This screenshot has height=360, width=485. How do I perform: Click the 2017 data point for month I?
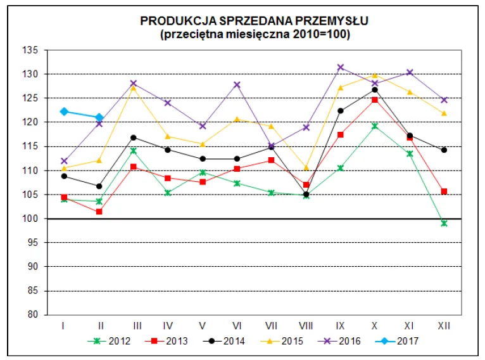pyautogui.click(x=65, y=112)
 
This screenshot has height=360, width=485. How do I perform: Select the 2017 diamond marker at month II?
pyautogui.click(x=99, y=117)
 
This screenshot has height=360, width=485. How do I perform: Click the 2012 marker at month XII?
pyautogui.click(x=444, y=223)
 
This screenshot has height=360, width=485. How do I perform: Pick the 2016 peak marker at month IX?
pyautogui.click(x=341, y=67)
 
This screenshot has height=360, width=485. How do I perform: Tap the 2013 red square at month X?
pyautogui.click(x=375, y=100)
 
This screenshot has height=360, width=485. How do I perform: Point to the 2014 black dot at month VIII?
pyautogui.click(x=306, y=195)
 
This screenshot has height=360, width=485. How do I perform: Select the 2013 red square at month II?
pyautogui.click(x=99, y=212)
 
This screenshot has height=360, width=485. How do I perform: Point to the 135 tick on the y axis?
pyautogui.click(x=32, y=50)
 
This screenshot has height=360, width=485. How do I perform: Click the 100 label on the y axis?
pyautogui.click(x=32, y=219)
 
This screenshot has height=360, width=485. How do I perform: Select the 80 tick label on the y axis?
pyautogui.click(x=34, y=315)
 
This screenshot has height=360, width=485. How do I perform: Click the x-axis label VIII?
pyautogui.click(x=306, y=325)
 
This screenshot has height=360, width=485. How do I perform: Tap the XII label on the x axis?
pyautogui.click(x=444, y=325)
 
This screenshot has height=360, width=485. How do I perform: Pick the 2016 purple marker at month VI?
pyautogui.click(x=237, y=85)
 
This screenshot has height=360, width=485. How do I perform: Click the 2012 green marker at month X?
pyautogui.click(x=375, y=126)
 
